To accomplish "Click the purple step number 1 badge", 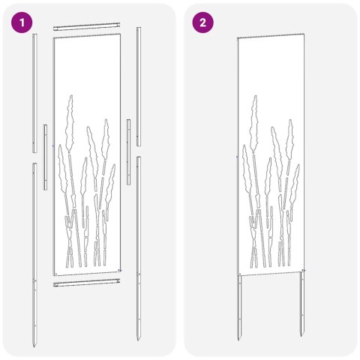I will [24, 23].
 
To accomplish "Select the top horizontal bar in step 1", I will [87, 26].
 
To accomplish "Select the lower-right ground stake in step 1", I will [139, 240].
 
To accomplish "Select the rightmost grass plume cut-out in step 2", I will [295, 180].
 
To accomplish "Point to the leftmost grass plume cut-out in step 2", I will [244, 165].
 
